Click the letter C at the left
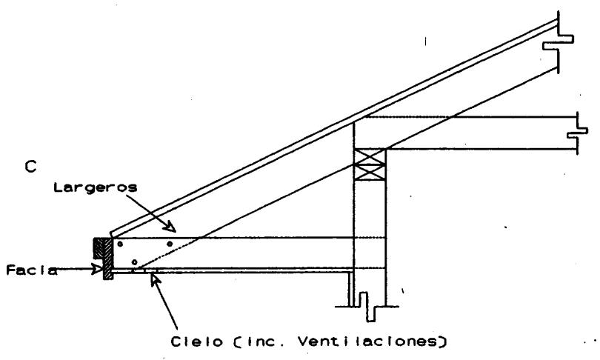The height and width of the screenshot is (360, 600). click(30, 167)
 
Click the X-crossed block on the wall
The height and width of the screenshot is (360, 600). click(369, 164)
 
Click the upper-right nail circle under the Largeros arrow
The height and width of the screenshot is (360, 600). click(170, 243)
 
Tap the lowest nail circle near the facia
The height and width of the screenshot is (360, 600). click(134, 262)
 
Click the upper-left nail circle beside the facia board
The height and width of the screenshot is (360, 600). click(120, 244)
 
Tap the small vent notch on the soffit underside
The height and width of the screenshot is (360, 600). click(139, 270)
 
